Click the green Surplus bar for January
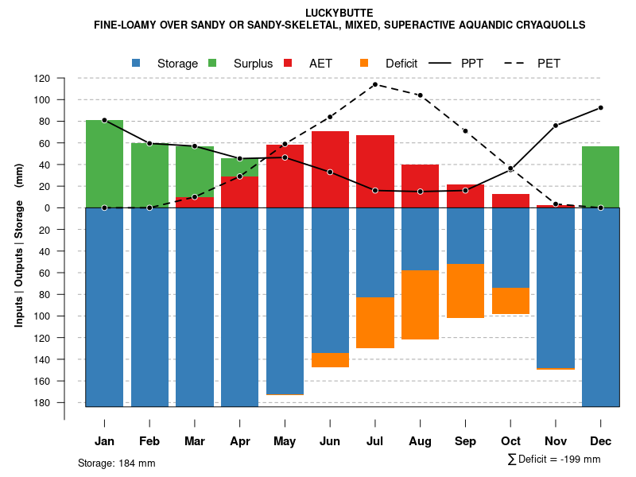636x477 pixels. (104, 164)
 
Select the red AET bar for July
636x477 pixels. (375, 171)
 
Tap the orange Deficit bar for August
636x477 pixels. (421, 304)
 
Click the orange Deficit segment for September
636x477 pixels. (466, 291)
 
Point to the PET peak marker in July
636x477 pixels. (374, 84)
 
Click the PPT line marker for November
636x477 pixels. (556, 126)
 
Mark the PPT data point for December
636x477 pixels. (600, 107)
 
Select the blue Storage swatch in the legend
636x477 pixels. (137, 63)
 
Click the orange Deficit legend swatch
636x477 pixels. (365, 63)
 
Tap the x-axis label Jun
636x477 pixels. (330, 441)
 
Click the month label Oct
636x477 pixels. (510, 441)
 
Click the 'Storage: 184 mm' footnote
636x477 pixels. (116, 463)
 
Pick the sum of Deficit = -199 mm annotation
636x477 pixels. (553, 460)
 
